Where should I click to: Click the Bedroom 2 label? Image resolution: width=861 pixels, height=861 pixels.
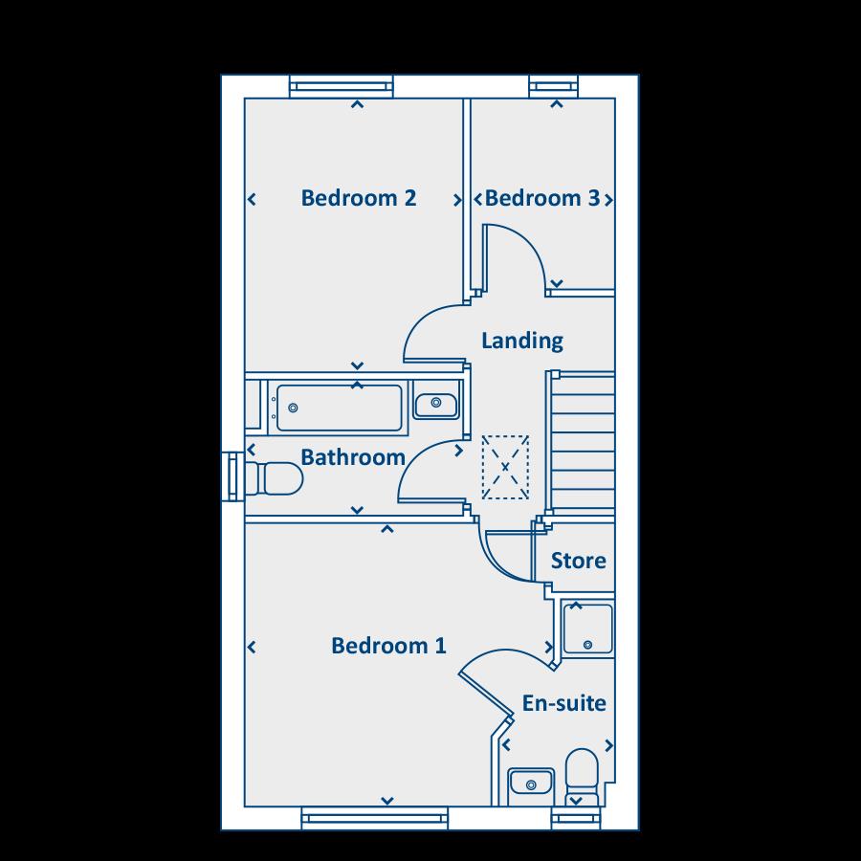(358, 198)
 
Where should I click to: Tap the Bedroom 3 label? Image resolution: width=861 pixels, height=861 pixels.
(542, 198)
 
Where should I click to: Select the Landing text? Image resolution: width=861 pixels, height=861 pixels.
(521, 341)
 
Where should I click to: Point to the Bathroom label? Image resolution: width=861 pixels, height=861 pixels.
(353, 457)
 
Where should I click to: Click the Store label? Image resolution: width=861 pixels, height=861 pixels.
(578, 561)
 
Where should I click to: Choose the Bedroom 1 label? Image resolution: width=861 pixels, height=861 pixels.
(388, 646)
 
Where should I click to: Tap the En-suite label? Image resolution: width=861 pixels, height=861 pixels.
(563, 704)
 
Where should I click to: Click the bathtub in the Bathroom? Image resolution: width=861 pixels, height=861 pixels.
(337, 408)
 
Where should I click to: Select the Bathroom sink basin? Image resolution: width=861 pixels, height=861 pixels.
(437, 403)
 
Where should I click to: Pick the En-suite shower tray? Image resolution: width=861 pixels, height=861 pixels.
(586, 628)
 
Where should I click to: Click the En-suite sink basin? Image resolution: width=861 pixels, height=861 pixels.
(530, 783)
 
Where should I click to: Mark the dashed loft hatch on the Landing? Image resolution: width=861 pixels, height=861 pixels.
(505, 468)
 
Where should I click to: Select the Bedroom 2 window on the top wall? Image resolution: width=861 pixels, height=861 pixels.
(342, 87)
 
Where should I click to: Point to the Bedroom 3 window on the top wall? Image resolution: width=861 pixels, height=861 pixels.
(555, 87)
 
